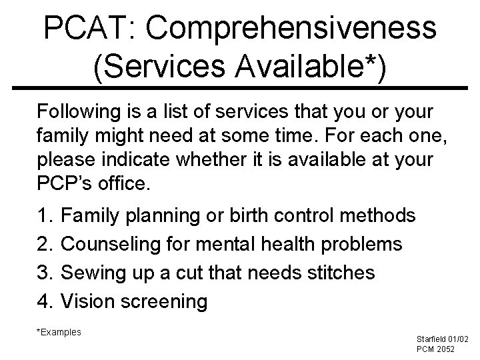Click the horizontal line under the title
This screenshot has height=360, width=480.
pyautogui.click(x=240, y=88)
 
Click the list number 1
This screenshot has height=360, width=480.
pyautogui.click(x=46, y=216)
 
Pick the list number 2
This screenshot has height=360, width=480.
pyautogui.click(x=46, y=245)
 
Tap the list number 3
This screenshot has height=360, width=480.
pyautogui.click(x=46, y=273)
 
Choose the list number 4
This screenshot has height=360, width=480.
pyautogui.click(x=46, y=302)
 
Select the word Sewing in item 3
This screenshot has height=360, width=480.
pyautogui.click(x=93, y=273)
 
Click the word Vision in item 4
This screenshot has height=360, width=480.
pyautogui.click(x=89, y=302)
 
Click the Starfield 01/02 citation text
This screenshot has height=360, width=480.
pyautogui.click(x=442, y=339)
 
